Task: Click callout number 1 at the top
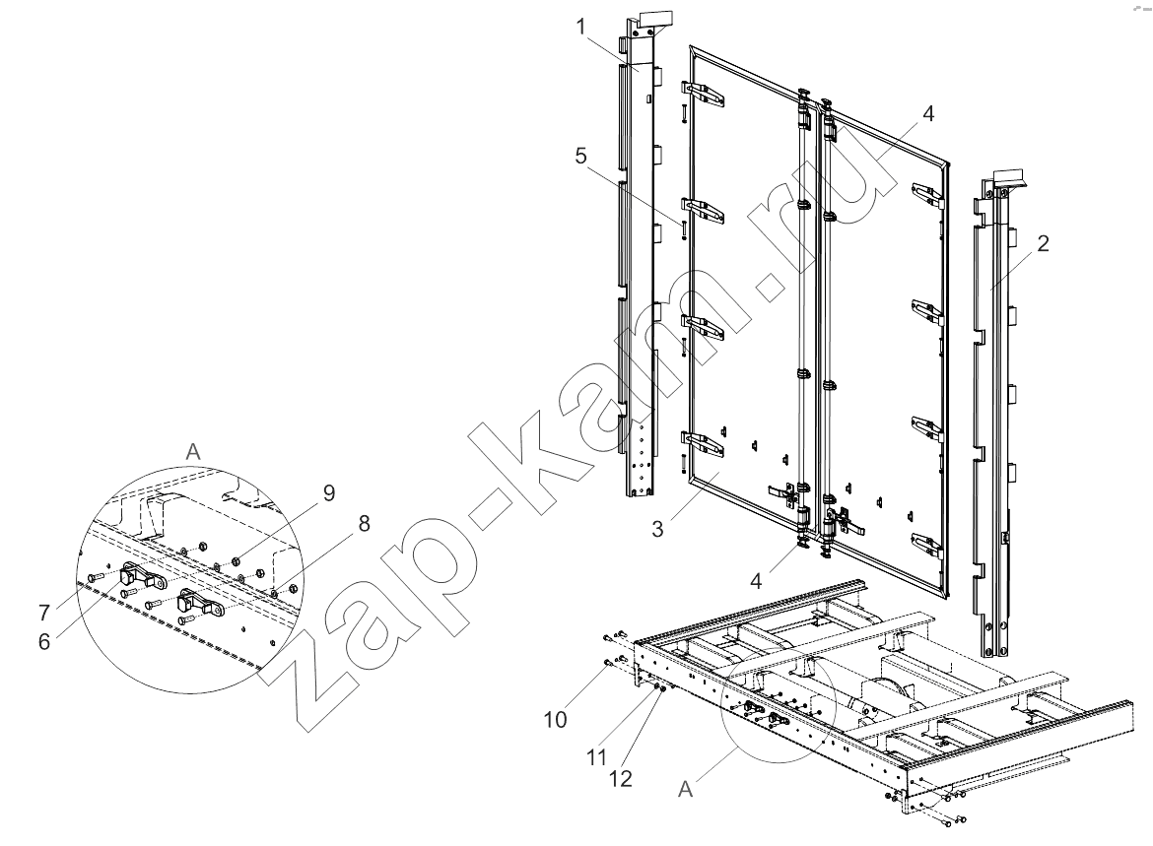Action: (x=580, y=28)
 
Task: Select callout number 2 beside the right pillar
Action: (x=1044, y=243)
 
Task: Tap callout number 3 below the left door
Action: (x=657, y=529)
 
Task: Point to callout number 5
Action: (x=581, y=156)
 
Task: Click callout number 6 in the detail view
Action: (x=45, y=641)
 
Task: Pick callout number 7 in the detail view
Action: (x=44, y=612)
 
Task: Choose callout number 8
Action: (x=364, y=523)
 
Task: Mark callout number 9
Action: (x=329, y=492)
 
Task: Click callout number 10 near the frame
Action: (x=556, y=719)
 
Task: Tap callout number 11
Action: (x=596, y=756)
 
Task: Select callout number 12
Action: (x=621, y=778)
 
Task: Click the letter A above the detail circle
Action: (x=193, y=451)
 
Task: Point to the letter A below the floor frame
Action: (x=685, y=790)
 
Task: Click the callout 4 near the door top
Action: (x=928, y=114)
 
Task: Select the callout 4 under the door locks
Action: (x=757, y=581)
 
